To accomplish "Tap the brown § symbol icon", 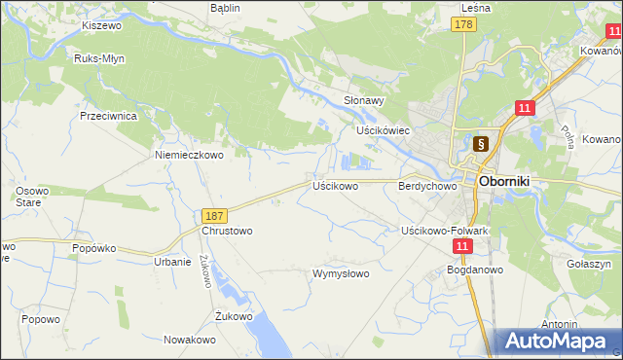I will click(x=480, y=144).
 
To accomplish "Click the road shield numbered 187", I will click(x=216, y=214).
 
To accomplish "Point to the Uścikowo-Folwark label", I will click(x=444, y=231).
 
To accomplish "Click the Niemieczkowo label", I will click(x=190, y=154).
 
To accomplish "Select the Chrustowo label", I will click(x=227, y=232).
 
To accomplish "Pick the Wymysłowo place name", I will click(x=341, y=273).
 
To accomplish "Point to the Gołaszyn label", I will click(x=588, y=264).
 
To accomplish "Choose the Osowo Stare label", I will click(x=31, y=197).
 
